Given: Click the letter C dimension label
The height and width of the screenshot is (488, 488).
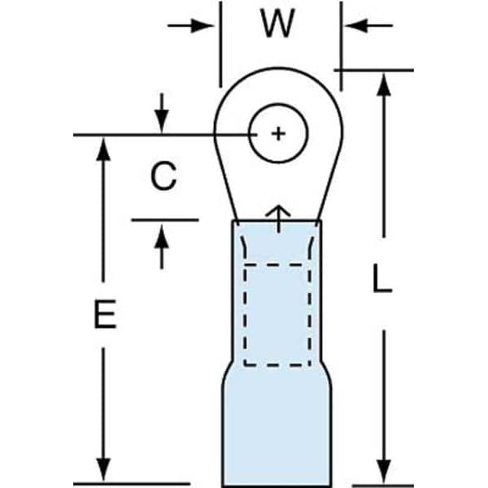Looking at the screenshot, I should (x=163, y=176).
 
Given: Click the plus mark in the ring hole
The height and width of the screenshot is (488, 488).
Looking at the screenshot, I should (x=278, y=133).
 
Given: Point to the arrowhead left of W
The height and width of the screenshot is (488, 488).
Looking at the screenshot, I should (x=207, y=25).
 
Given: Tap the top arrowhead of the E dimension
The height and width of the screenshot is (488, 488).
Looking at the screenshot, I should (x=103, y=146).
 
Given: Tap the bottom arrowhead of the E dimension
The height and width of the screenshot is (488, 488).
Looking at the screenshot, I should (x=103, y=473).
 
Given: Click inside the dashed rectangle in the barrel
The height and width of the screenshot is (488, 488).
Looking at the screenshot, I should (x=277, y=313).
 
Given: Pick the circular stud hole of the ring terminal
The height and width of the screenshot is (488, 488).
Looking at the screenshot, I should (x=278, y=133).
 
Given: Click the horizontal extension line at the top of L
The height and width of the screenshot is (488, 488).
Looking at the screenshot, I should (x=374, y=70).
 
